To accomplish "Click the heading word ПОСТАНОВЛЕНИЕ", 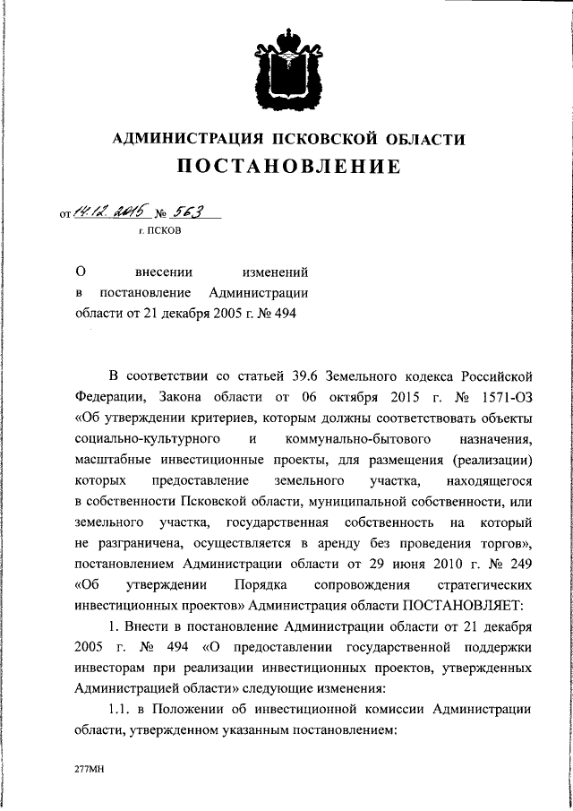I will click(287, 167).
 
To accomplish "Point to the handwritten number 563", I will click(186, 211).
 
